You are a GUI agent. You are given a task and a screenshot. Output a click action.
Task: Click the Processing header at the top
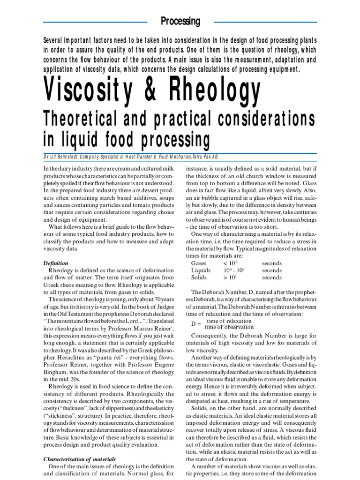180,21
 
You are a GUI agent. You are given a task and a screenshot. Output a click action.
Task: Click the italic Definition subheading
56,263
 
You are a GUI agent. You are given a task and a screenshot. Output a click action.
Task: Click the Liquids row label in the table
202,270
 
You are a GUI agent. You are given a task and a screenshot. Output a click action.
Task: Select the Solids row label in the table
200,277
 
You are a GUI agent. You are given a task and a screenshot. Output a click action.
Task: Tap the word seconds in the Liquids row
272,270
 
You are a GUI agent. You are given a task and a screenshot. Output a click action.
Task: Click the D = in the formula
196,324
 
